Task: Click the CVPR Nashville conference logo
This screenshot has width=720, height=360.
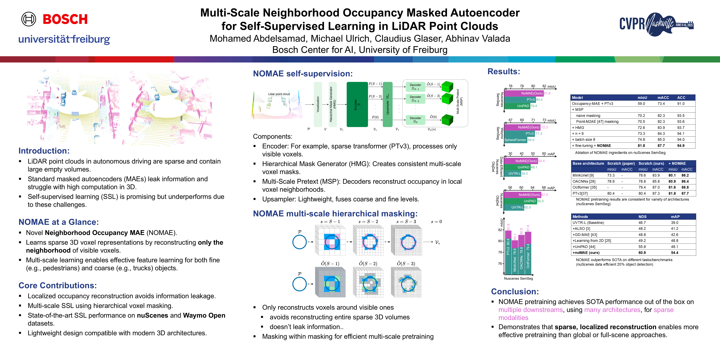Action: pos(656,24)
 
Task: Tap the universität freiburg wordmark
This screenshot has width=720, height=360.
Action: pos(64,39)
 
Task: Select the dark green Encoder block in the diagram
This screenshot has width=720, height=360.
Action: pos(357,104)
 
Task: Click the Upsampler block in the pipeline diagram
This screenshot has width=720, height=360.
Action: pos(387,104)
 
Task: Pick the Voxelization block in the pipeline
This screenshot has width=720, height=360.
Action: pos(318,104)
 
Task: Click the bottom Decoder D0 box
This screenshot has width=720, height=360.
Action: pos(415,120)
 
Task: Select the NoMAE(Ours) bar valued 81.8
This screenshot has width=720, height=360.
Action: pos(523,93)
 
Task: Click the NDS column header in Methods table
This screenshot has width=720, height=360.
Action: pos(642,217)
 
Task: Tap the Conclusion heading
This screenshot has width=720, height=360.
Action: pos(515,292)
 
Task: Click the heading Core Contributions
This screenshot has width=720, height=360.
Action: pos(57,285)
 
